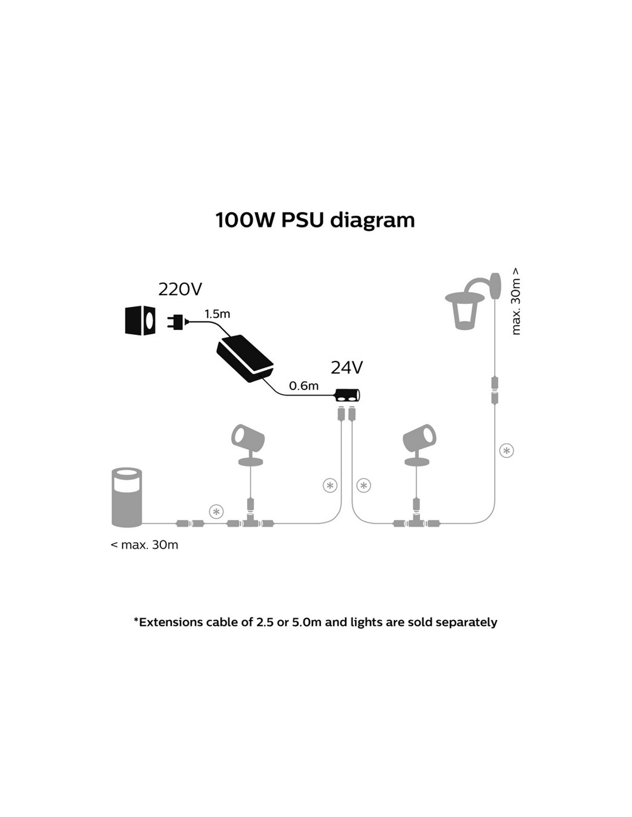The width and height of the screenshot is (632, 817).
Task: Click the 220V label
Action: click(x=180, y=289)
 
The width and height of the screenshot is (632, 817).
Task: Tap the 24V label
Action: click(x=346, y=368)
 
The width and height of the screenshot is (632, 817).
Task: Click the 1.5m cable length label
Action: click(x=217, y=314)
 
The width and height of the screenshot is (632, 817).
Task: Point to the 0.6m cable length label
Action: click(x=303, y=386)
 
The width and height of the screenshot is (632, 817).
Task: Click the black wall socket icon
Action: click(x=140, y=320)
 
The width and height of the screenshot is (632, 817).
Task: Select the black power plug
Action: click(x=176, y=322)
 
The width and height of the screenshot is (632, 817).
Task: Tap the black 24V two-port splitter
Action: click(x=347, y=395)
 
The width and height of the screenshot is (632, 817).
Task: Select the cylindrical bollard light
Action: click(x=127, y=497)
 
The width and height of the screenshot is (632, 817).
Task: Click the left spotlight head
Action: click(x=248, y=440)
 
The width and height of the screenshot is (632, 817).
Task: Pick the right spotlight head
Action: click(x=419, y=440)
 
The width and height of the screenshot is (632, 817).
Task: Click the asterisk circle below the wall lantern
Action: click(x=506, y=450)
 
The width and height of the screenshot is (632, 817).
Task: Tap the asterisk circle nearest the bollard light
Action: click(x=216, y=511)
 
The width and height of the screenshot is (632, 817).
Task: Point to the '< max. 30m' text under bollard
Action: click(x=144, y=545)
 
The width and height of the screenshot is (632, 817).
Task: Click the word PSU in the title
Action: click(x=303, y=219)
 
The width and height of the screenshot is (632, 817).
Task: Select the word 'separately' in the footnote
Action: click(x=466, y=622)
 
